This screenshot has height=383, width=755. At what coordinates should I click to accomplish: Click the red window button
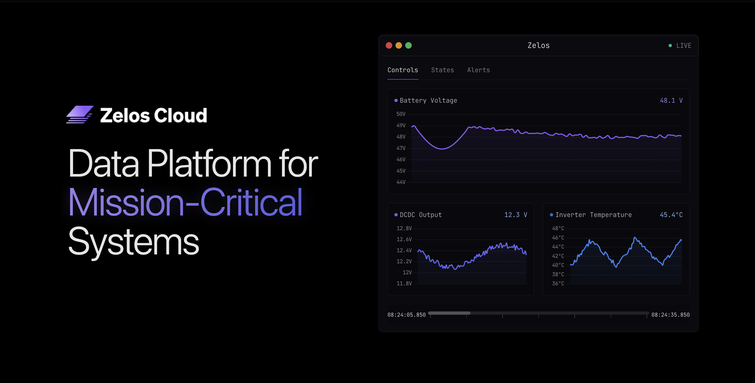[x=389, y=45]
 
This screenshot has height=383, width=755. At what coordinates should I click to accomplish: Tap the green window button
[x=408, y=45]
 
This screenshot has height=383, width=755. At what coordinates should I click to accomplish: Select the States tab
[x=442, y=70]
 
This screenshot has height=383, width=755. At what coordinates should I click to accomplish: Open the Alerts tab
[x=478, y=70]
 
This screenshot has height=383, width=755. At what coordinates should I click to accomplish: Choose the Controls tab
[x=403, y=70]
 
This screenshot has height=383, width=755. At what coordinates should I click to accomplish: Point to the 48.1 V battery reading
[x=671, y=100]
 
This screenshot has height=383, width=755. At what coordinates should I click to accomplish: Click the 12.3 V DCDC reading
[x=515, y=215]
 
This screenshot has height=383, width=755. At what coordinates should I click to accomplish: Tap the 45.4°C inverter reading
[x=671, y=215]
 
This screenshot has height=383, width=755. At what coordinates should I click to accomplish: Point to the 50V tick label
[x=401, y=114]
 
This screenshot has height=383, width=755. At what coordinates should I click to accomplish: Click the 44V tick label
[x=401, y=182]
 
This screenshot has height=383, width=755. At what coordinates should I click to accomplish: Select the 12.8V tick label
[x=404, y=228]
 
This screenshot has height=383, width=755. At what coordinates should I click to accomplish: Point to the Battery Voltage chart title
[x=428, y=100]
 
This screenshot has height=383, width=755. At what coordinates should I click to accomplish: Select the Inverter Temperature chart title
[x=593, y=215]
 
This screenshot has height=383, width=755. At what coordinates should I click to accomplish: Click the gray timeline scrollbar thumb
[x=449, y=313]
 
